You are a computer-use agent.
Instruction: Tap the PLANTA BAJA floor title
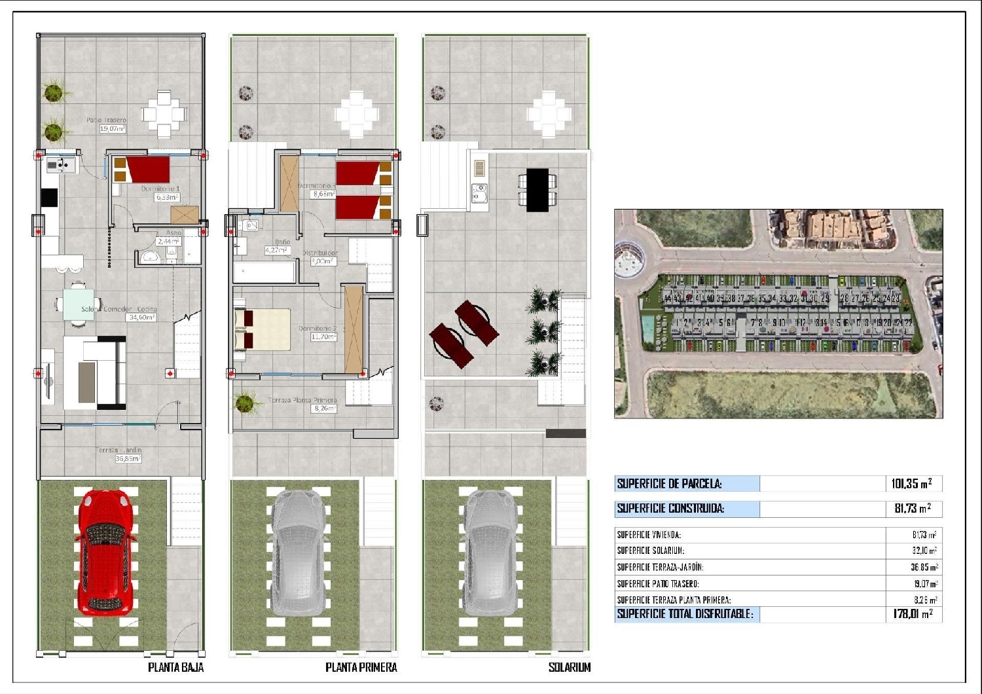(x=175, y=667)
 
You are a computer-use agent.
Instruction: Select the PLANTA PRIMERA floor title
(x=361, y=667)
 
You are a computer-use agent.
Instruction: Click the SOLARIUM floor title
(x=569, y=667)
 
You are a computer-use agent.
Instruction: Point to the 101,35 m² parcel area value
(x=911, y=484)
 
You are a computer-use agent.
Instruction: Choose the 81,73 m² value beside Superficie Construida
(x=911, y=509)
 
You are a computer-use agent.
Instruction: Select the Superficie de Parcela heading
(x=669, y=484)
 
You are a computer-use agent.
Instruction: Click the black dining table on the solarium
(x=537, y=190)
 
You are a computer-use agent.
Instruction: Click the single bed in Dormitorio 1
(x=143, y=169)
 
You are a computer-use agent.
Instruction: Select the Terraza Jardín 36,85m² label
(x=119, y=454)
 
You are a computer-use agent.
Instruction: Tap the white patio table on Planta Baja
(x=164, y=115)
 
